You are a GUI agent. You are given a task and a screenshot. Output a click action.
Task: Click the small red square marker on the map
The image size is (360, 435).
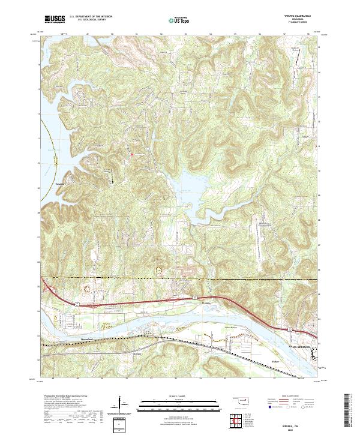click(x=133, y=156)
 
